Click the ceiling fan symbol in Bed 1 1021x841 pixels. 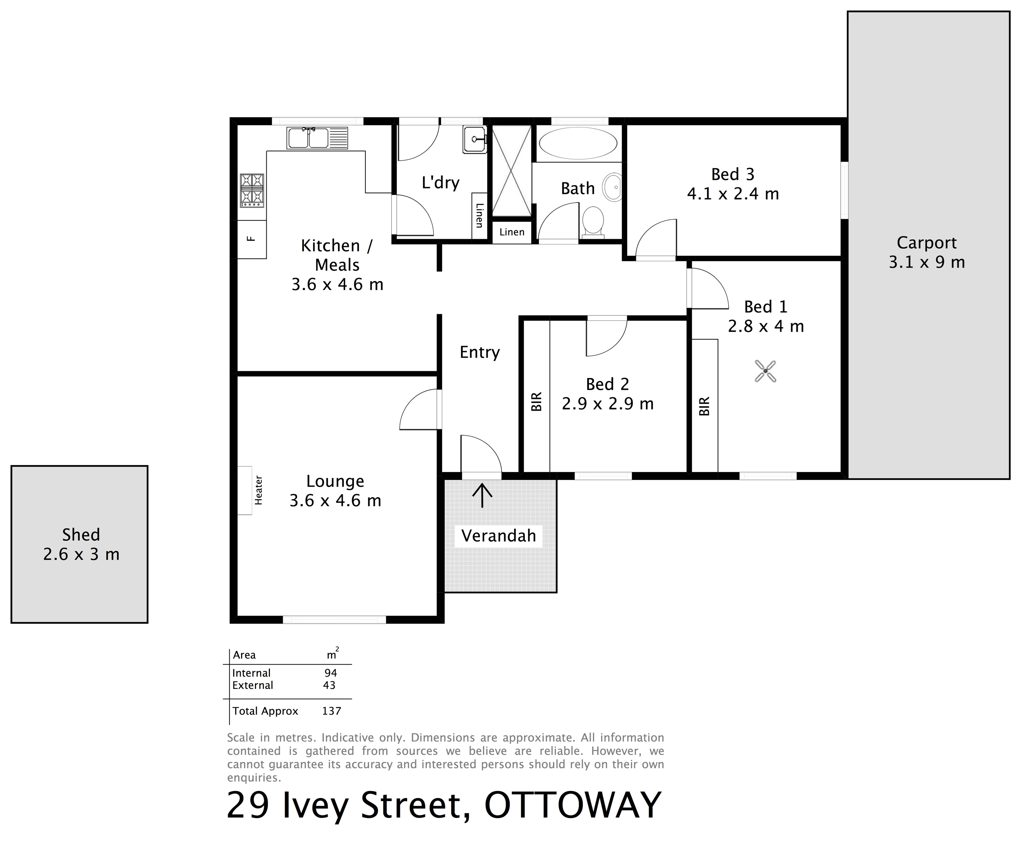click(x=765, y=371)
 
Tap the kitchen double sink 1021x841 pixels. click(x=317, y=138)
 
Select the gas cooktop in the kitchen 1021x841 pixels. click(x=252, y=190)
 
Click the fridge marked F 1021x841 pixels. click(x=251, y=239)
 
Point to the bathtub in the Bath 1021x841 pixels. click(x=578, y=144)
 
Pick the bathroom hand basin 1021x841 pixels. click(x=612, y=187)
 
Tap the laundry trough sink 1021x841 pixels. click(x=475, y=140)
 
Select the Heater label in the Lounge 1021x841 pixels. click(x=259, y=490)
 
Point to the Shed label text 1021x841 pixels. click(x=81, y=534)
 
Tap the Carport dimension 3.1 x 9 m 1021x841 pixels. click(x=926, y=262)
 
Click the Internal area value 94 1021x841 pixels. click(x=331, y=673)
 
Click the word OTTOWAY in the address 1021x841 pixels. click(x=573, y=805)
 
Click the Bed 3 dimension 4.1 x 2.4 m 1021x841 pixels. click(x=733, y=194)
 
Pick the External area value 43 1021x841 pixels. click(x=329, y=685)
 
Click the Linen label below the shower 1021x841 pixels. click(x=512, y=232)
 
